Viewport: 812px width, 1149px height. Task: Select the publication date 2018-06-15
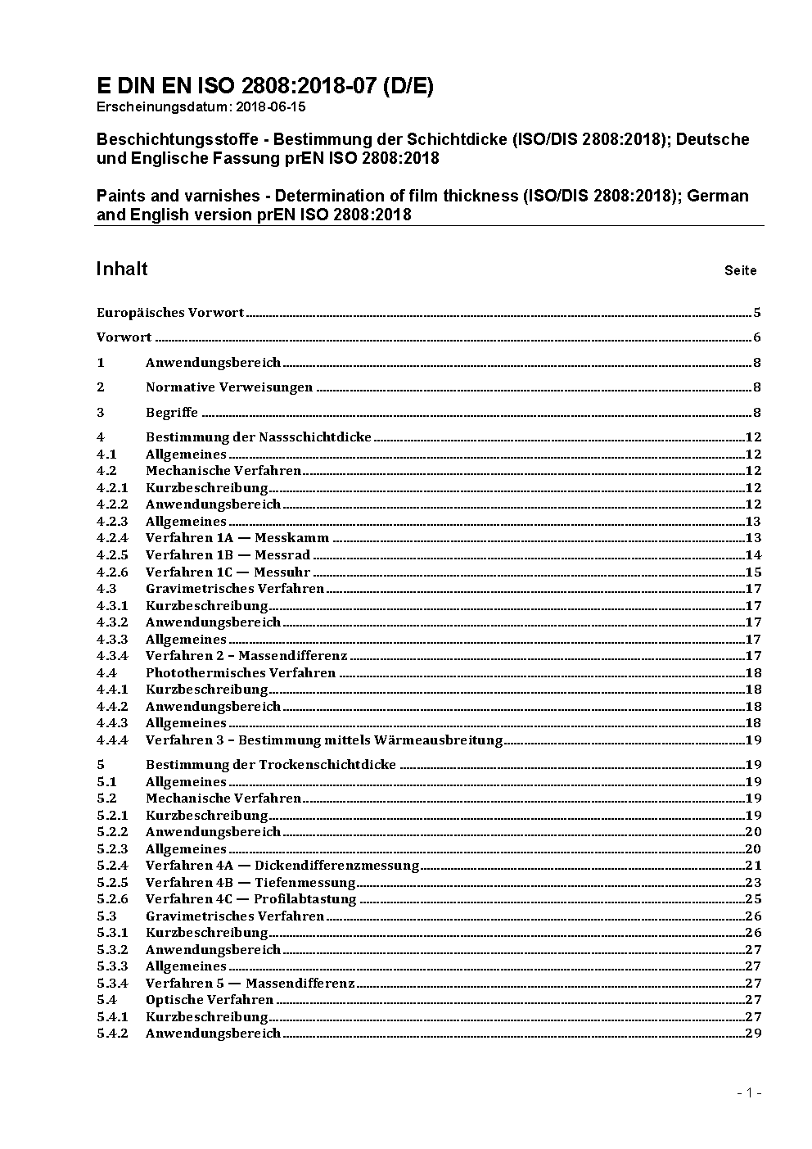(x=265, y=106)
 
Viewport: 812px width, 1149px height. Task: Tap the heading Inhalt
(x=122, y=269)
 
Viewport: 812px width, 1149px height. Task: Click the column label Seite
(x=740, y=271)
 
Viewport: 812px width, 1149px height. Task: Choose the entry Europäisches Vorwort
(x=170, y=313)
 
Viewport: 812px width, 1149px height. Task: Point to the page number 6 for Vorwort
(x=757, y=337)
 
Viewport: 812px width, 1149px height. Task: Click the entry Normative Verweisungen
(x=229, y=387)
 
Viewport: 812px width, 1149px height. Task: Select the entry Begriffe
(x=172, y=413)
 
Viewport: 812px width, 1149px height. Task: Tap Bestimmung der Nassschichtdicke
(x=258, y=437)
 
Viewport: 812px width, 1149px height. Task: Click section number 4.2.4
(x=112, y=538)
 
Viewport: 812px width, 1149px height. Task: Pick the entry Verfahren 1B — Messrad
(x=228, y=555)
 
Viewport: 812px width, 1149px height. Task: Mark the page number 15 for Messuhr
(x=753, y=572)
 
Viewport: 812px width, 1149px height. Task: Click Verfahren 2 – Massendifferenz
(x=246, y=656)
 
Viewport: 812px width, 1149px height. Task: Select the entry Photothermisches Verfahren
(x=241, y=673)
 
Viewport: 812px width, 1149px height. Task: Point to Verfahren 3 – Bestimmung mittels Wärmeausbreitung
(x=323, y=740)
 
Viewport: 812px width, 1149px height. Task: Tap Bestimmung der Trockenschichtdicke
(x=270, y=765)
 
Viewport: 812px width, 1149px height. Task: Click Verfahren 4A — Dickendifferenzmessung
(x=282, y=866)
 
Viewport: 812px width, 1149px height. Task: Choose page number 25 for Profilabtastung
(x=753, y=899)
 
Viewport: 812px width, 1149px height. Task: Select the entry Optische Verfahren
(x=210, y=1000)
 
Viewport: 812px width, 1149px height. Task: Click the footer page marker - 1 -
(x=750, y=1092)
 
